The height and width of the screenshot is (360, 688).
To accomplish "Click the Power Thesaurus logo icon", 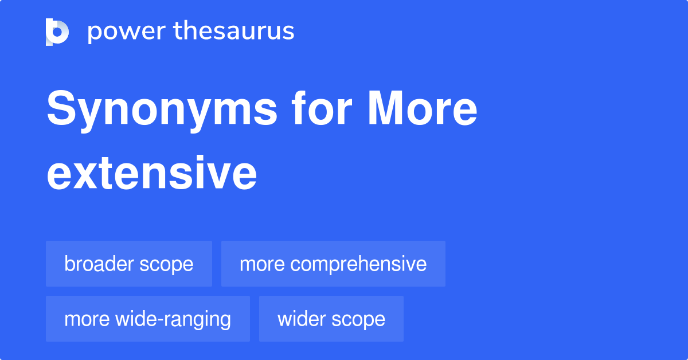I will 57,32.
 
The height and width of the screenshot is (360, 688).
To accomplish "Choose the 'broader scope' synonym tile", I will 129,264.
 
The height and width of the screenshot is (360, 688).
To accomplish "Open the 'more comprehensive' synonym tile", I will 333,264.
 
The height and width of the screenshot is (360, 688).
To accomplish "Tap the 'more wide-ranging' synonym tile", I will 148,319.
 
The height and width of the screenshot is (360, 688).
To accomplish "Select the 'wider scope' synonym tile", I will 331,319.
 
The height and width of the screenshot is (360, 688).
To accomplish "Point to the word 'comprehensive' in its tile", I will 358,264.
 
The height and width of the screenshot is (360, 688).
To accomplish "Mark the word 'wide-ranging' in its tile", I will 173,319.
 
